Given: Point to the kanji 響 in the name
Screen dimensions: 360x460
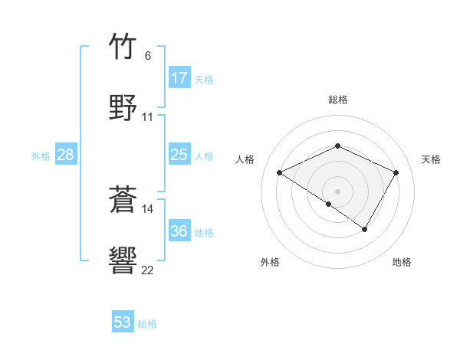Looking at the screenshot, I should tap(123, 260).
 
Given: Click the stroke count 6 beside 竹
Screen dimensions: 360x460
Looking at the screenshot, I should tap(148, 56).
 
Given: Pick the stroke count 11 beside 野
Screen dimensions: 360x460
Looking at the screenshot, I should tap(148, 117).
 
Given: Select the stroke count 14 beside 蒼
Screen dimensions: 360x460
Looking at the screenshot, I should tap(148, 208).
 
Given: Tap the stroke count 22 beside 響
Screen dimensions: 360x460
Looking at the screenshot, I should tap(148, 270).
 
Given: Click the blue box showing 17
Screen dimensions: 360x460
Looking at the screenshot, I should tap(179, 78).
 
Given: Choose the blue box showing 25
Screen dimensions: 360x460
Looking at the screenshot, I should tap(179, 155).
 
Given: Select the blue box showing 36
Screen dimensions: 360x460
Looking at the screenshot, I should tap(179, 231).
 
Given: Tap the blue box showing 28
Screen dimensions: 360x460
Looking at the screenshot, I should tap(66, 155).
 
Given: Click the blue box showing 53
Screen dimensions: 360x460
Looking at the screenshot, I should tap(123, 322).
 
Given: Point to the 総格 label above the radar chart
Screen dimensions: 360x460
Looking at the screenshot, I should tap(337, 100).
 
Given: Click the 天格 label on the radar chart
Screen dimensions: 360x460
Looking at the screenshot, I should tap(432, 159).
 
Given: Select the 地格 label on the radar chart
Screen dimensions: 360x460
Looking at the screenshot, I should tap(402, 262).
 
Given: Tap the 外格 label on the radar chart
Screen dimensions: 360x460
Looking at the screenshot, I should tap(270, 262).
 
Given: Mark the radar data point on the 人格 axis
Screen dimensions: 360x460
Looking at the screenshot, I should tap(280, 173).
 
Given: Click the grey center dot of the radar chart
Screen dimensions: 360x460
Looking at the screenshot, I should tap(337, 191).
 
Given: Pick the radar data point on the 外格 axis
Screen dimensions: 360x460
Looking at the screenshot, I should tap(329, 204).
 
